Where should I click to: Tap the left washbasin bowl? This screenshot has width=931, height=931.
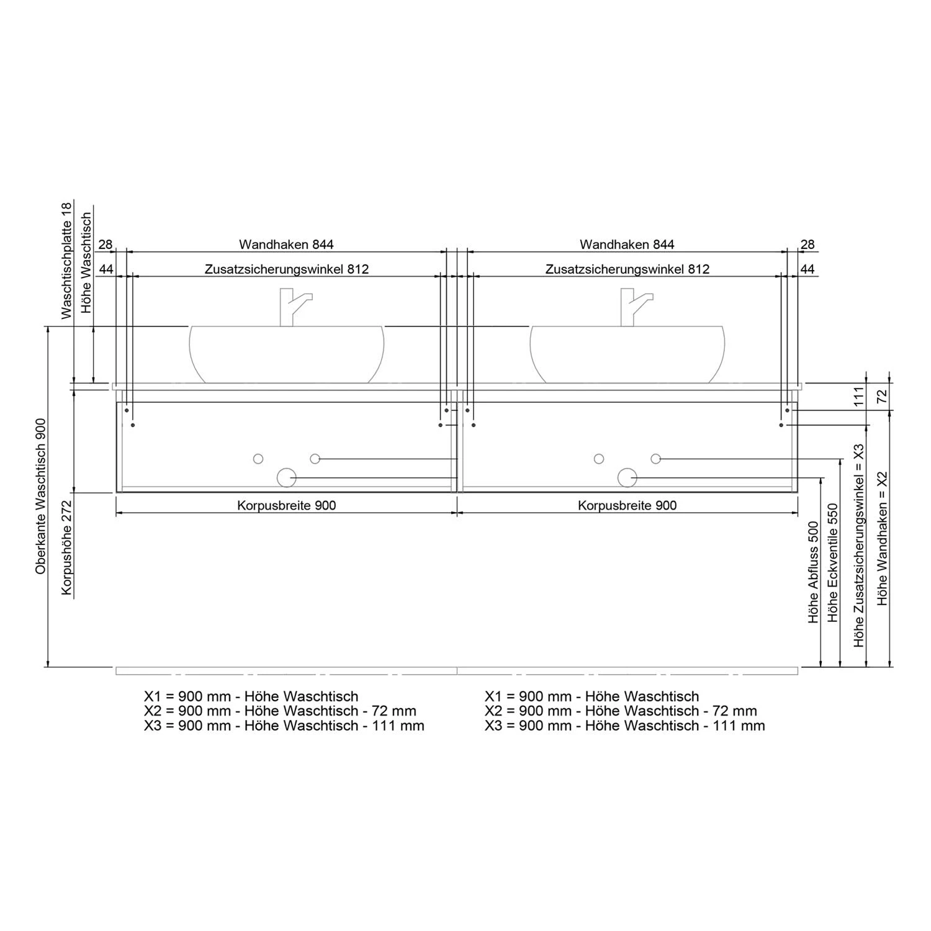point(287,354)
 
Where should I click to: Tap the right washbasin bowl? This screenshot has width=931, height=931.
point(627,354)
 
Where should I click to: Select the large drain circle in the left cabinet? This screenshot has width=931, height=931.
point(286,477)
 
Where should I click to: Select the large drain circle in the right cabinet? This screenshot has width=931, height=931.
point(627,477)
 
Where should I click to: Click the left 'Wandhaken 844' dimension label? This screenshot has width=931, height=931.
point(286,245)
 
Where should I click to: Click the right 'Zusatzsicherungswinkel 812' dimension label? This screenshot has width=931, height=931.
point(627,269)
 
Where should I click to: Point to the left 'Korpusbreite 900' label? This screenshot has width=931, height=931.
point(287,505)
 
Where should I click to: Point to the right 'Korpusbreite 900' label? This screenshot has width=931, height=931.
point(627,505)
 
